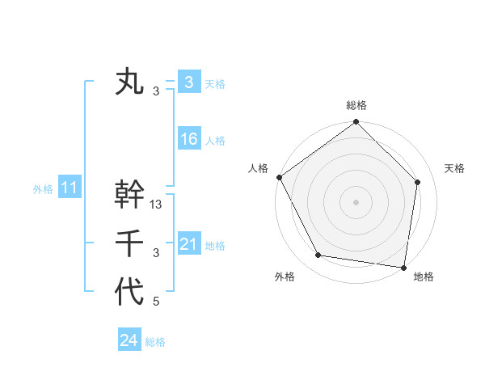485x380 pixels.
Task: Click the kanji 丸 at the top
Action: click(x=129, y=82)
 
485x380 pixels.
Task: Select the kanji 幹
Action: click(x=129, y=194)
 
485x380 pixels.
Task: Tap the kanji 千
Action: click(x=129, y=243)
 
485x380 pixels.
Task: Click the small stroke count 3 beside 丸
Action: click(x=156, y=91)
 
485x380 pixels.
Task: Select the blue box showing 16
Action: click(x=189, y=139)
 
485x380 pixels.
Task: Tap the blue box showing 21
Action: click(x=189, y=244)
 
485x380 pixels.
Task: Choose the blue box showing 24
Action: click(x=129, y=340)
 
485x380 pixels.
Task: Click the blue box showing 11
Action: click(x=70, y=188)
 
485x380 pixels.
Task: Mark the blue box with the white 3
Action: click(x=189, y=82)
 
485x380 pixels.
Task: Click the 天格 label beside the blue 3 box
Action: click(x=215, y=83)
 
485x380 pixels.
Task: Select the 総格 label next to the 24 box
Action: click(x=155, y=342)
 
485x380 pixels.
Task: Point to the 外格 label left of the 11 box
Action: click(x=43, y=190)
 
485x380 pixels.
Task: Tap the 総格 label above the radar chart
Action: click(x=356, y=105)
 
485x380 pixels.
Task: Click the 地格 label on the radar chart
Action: click(x=424, y=277)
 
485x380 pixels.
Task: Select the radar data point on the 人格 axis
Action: click(x=280, y=177)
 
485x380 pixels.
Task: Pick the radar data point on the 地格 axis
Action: click(x=403, y=267)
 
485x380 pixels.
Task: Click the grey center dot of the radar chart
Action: click(x=356, y=201)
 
